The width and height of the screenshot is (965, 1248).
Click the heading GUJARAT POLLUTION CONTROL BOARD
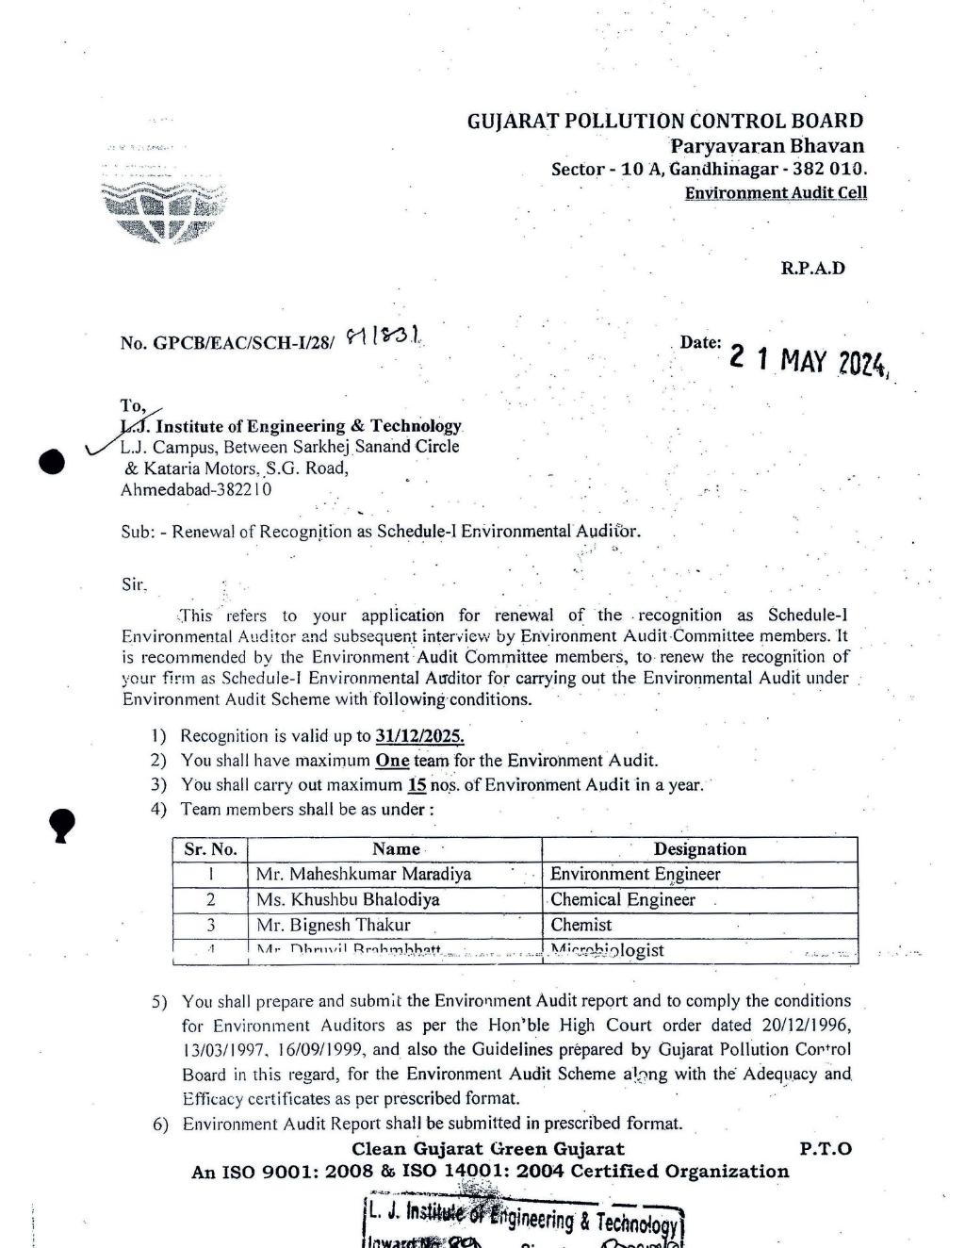point(664,121)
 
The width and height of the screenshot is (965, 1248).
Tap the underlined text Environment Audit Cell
point(776,193)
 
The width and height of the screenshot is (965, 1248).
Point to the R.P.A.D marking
point(812,268)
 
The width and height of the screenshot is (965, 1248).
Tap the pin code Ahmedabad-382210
point(196,490)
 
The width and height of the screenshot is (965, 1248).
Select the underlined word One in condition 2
point(392,761)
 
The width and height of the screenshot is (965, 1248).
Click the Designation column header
point(699,849)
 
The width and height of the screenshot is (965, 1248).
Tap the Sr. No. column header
point(210,849)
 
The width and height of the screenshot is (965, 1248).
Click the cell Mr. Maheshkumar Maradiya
point(364,875)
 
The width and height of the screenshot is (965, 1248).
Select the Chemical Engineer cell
point(623,900)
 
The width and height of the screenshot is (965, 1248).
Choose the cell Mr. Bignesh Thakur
point(333,926)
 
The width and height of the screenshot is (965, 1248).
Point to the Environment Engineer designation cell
point(635,875)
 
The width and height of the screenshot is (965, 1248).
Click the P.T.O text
point(825,1149)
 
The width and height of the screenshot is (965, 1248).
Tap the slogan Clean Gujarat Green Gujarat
point(487,1149)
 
